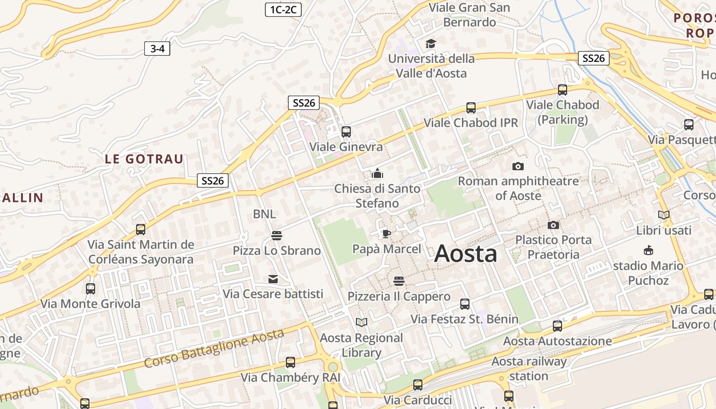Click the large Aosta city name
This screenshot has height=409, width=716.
click(x=465, y=254)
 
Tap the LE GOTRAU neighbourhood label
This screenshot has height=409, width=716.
click(x=144, y=158)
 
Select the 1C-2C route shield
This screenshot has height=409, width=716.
click(x=283, y=9)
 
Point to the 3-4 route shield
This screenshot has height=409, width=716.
click(x=157, y=49)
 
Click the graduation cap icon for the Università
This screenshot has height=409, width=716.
click(x=431, y=43)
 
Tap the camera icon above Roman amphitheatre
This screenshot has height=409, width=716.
click(x=518, y=166)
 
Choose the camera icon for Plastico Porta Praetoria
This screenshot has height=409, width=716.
click(x=553, y=225)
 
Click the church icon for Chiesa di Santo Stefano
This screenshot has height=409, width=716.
click(x=377, y=174)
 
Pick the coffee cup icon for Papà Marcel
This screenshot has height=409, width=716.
click(x=386, y=234)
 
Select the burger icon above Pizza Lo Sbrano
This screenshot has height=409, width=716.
click(x=277, y=235)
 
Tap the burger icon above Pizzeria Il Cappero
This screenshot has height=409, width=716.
click(x=399, y=281)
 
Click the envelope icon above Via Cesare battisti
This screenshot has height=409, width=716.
click(x=273, y=279)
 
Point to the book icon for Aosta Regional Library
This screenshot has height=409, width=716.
click(x=362, y=322)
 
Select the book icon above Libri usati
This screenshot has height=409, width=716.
click(x=663, y=215)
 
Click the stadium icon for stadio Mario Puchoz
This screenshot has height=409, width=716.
click(x=648, y=251)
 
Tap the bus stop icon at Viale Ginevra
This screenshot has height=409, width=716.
click(x=346, y=131)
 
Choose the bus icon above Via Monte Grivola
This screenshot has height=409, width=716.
click(x=91, y=289)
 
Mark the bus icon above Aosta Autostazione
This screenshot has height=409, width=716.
click(x=557, y=326)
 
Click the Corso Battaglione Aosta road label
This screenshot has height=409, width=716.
click(x=213, y=348)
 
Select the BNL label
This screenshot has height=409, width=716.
click(x=264, y=214)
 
